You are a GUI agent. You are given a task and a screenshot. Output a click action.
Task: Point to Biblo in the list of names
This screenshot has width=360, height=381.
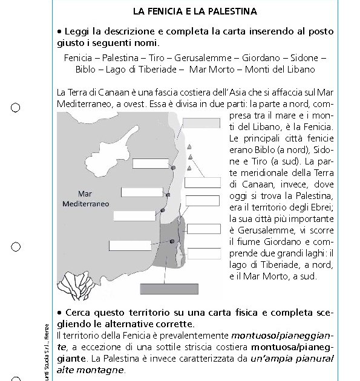pyautogui.click(x=85, y=69)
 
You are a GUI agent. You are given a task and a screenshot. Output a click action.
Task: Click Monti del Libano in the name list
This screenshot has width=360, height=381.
pyautogui.click(x=283, y=69)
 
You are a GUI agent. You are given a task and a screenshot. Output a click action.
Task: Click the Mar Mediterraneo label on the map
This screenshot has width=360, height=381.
pyautogui.click(x=85, y=199)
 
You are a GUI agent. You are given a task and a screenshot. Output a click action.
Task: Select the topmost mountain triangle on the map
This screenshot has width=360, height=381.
pyautogui.click(x=190, y=147)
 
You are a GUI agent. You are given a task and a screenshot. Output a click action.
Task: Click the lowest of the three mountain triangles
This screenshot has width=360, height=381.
pyautogui.click(x=190, y=168)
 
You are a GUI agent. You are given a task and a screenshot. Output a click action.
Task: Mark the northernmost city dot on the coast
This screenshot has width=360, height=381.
pyautogui.click(x=174, y=168)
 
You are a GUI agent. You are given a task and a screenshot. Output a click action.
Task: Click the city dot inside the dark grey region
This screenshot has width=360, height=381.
pyautogui.click(x=172, y=241)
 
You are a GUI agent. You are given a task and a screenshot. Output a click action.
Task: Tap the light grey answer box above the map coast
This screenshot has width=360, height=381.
pyautogui.click(x=201, y=123)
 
